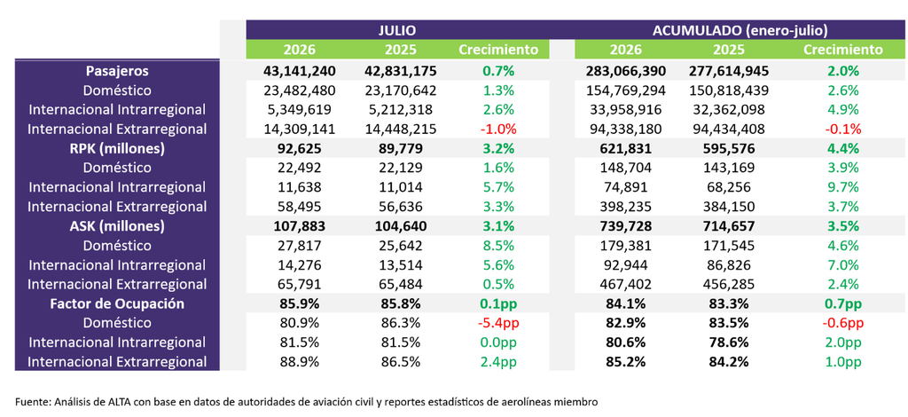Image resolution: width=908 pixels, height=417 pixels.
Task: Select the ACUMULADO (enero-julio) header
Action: click(x=740, y=30)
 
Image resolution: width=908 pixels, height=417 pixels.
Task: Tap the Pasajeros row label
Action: click(x=117, y=71)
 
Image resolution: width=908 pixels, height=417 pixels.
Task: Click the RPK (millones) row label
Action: click(x=117, y=149)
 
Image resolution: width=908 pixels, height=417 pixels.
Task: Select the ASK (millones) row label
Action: click(x=117, y=226)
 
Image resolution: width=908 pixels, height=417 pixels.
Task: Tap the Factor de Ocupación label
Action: click(x=117, y=304)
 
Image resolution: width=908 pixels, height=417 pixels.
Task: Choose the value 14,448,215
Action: click(x=401, y=130)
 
